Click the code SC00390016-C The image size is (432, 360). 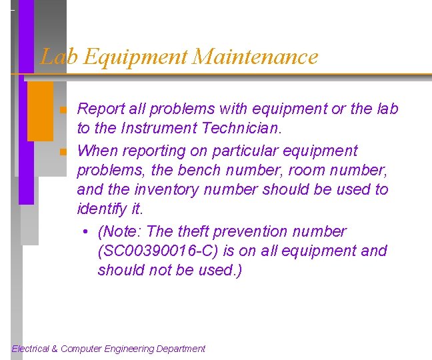pos(165,251)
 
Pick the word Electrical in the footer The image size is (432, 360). pos(31,349)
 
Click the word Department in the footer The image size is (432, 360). pos(181,349)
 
